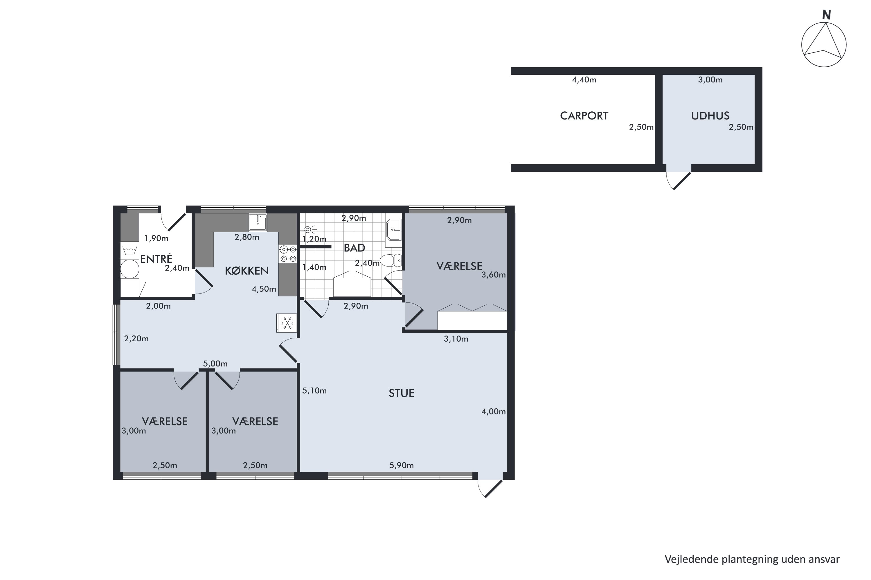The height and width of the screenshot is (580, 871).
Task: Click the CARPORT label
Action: coord(584,116)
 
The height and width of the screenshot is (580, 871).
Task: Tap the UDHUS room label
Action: coord(710,116)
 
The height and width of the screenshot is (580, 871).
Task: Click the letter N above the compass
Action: coord(826,15)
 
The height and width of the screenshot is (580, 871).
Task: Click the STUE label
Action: coord(401,393)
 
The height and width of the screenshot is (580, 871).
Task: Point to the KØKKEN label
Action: coord(246,271)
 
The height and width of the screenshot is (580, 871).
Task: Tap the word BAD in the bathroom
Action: coord(354,248)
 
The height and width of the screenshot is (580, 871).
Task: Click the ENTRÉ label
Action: coord(156,259)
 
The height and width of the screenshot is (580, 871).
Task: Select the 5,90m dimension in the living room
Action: coord(401,465)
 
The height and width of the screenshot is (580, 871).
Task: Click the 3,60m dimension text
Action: coord(493,275)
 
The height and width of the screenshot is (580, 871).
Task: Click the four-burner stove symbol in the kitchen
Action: coord(288,254)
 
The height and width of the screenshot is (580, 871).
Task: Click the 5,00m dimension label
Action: coord(215,364)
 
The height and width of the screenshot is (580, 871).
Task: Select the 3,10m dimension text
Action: coord(456,339)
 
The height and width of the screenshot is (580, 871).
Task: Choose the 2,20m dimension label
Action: coord(136,338)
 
